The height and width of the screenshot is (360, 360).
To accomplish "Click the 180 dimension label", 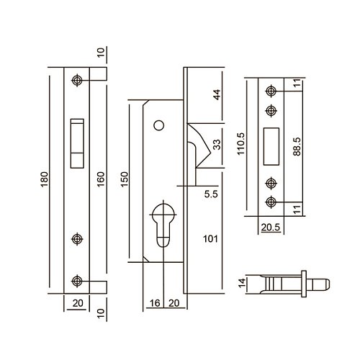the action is (x=45, y=180).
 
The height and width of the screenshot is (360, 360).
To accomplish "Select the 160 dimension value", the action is (x=101, y=179).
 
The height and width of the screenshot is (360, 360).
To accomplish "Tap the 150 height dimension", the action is (x=125, y=179).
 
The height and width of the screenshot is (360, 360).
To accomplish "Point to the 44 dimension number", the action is (x=217, y=94).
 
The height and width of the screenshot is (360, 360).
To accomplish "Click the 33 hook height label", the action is (x=217, y=145).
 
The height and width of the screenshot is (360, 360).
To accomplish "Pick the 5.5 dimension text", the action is (x=211, y=194).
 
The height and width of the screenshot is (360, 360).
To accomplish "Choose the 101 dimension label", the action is (x=210, y=239).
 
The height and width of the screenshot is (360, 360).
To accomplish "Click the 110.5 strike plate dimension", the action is (x=240, y=143).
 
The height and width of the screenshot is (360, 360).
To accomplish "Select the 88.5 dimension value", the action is (x=297, y=146).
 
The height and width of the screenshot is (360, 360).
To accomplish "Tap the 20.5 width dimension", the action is (x=271, y=227).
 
